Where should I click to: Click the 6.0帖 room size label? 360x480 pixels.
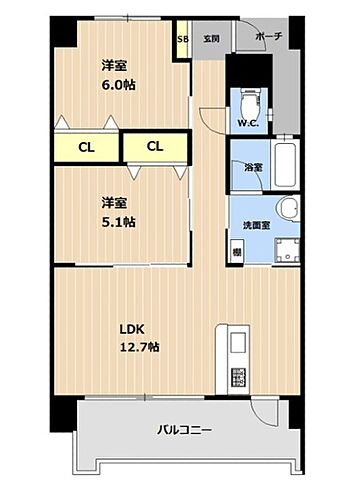click(118, 85)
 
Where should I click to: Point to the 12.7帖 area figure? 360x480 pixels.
click(140, 347)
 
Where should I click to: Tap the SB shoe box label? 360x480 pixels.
click(182, 40)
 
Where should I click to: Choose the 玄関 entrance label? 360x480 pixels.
click(210, 39)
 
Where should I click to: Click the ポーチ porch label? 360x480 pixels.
click(268, 38)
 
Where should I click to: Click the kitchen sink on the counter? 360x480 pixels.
click(238, 342)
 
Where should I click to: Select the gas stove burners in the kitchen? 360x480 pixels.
click(238, 377)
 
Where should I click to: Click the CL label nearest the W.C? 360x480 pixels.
click(154, 147)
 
